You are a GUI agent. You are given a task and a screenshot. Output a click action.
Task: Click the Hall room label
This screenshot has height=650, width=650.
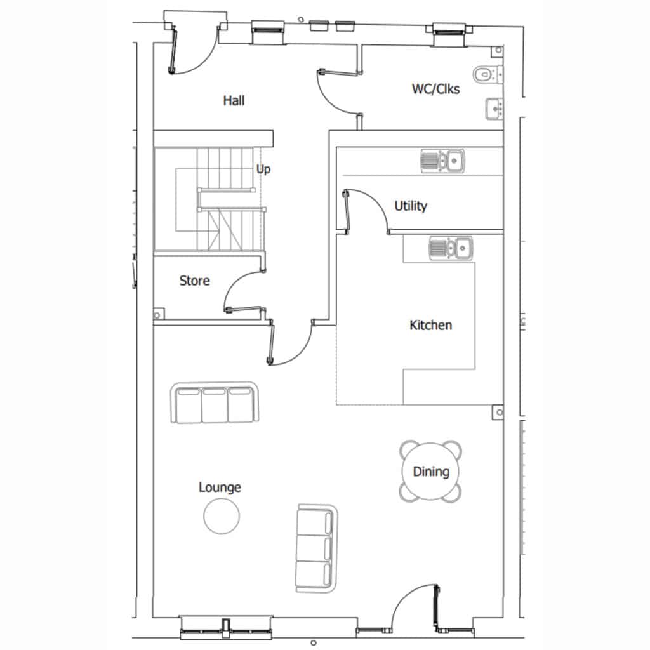point(234,101)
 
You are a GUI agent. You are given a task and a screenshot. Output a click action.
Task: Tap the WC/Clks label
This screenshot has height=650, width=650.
point(435,89)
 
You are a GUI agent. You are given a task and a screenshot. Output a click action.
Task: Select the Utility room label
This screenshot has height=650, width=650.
point(411,206)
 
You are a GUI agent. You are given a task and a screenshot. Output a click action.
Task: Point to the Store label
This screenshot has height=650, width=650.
point(194,281)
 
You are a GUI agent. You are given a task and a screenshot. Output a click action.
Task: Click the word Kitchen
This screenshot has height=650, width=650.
point(431,325)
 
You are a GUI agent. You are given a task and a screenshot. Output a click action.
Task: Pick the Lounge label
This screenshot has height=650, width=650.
point(220,487)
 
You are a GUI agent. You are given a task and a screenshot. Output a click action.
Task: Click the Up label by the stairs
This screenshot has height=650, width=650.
point(263,169)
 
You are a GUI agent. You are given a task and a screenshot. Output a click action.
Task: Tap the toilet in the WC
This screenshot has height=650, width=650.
point(487,75)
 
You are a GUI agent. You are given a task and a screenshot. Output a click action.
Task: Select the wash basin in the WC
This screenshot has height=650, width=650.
point(494,109)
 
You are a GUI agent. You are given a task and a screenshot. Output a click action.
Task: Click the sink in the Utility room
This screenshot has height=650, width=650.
point(442,161)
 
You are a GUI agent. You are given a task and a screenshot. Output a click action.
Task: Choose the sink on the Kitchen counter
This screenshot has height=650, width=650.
point(451,248)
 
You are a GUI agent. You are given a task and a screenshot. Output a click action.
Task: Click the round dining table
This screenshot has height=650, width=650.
point(431,472)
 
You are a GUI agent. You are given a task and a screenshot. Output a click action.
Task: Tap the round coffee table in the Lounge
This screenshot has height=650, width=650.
point(222,516)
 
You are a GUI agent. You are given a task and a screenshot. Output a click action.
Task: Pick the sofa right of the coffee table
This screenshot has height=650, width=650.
point(316,548)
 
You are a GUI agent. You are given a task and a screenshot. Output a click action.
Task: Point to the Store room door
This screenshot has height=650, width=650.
point(244,309)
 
